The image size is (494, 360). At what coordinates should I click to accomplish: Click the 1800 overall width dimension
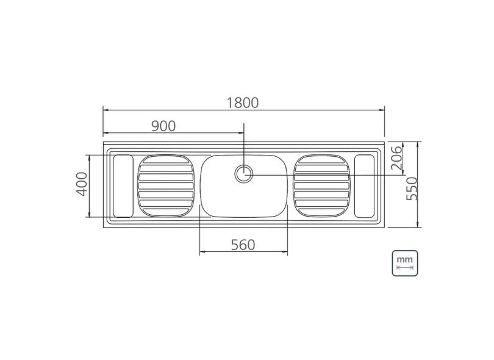pyautogui.click(x=243, y=103)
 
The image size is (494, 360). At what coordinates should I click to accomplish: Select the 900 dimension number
pyautogui.click(x=163, y=126)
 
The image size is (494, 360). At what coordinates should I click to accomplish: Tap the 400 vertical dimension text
pyautogui.click(x=81, y=184)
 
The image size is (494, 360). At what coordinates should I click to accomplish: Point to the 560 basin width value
pyautogui.click(x=242, y=245)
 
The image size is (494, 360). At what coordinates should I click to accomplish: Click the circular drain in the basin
pyautogui.click(x=244, y=173)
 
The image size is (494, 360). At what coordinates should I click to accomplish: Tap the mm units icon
pyautogui.click(x=405, y=262)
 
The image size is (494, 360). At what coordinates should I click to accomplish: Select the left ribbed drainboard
pyautogui.click(x=166, y=185)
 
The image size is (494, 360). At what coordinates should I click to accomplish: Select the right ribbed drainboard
pyautogui.click(x=321, y=185)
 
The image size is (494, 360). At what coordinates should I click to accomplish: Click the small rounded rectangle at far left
pyautogui.click(x=123, y=185)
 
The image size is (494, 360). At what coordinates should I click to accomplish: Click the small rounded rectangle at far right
pyautogui.click(x=365, y=185)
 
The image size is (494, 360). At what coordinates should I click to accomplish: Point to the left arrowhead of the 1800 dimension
pyautogui.click(x=105, y=110)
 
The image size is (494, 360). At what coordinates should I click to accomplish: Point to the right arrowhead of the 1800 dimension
pyautogui.click(x=382, y=110)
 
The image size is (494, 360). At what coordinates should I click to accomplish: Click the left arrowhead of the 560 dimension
pyautogui.click(x=202, y=252)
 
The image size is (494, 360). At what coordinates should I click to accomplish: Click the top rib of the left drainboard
pyautogui.click(x=166, y=160)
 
